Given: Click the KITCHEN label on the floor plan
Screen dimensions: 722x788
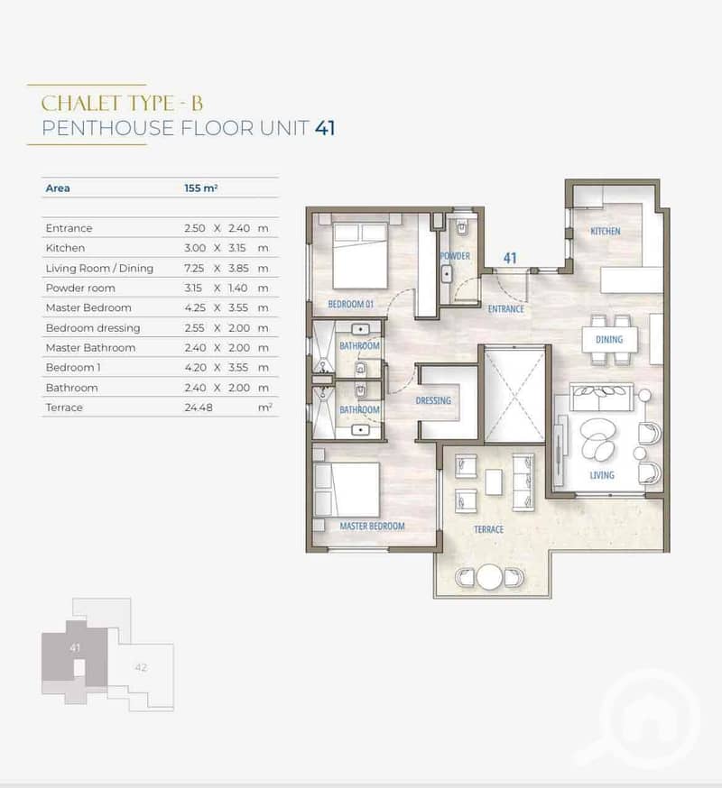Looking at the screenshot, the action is pos(606,231).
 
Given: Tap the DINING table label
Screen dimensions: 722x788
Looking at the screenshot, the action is pos(609,340).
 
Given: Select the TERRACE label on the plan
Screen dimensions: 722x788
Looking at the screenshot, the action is pos(488,529).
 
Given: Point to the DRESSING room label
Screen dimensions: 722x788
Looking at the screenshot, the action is pos(433,401).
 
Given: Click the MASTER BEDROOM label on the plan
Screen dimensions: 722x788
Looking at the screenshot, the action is pos(373,527).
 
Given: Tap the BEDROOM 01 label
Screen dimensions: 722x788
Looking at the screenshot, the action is pos(351,304).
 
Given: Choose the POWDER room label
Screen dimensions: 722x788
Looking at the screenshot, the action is pos(456,256).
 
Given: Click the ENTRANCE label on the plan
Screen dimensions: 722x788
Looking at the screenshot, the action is pos(506,309).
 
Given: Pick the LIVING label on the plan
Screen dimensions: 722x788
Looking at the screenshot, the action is pos(602,475).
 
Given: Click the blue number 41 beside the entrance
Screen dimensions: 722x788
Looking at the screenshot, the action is pos(510,259).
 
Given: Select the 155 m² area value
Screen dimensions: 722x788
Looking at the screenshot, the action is pos(200,188).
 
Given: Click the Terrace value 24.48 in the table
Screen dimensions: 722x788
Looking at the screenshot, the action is pos(199,408).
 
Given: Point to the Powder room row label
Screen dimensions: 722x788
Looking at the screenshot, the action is pos(80,288).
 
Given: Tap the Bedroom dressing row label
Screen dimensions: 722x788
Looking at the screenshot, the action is pos(93,328).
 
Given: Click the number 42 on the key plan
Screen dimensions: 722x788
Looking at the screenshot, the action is pos(141,667).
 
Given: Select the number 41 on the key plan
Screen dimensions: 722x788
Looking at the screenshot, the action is pos(75,647).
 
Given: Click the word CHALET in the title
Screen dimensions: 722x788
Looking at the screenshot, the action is pos(80,104).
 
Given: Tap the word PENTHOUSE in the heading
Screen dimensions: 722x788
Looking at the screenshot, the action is pos(107,128).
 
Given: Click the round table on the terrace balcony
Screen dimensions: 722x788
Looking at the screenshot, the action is pos(489,577).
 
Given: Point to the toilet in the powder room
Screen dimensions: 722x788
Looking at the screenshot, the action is pos(462,228).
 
